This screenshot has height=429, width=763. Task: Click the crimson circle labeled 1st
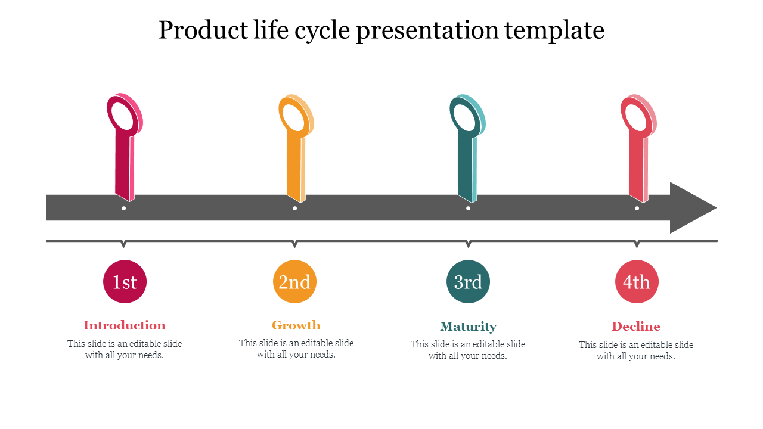pos(125,282)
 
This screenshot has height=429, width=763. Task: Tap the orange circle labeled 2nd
pos(294,282)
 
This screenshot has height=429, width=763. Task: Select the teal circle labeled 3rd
pos(468,282)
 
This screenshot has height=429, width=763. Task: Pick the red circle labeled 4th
pos(637,282)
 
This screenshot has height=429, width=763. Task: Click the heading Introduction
pos(125,325)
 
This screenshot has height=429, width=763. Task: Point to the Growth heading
pos(296,325)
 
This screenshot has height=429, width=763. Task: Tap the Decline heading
pos(636,327)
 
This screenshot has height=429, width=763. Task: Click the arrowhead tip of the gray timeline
pos(717,208)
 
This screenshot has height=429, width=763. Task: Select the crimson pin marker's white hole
pos(123,116)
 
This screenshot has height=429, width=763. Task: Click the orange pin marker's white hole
pos(294,117)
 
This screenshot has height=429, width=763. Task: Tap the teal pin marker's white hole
pos(465,117)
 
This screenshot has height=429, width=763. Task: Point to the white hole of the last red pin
pos(636,117)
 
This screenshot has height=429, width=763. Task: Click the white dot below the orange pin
pos(294,209)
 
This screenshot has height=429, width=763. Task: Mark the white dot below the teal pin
pos(469,209)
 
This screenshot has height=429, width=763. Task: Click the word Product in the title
pos(203,30)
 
